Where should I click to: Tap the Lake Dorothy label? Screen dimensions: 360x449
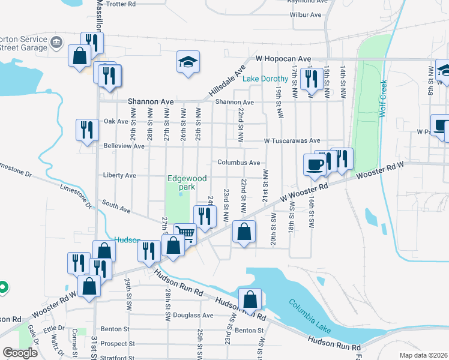pyautogui.click(x=283, y=79)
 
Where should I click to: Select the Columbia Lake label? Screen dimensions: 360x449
pyautogui.click(x=309, y=310)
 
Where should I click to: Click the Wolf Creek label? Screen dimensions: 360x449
pyautogui.click(x=382, y=99)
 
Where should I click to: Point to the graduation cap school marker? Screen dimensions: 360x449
pyautogui.click(x=188, y=62)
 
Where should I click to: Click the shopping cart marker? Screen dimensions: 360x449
pyautogui.click(x=185, y=233)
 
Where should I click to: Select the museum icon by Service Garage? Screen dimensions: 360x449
pyautogui.click(x=56, y=42)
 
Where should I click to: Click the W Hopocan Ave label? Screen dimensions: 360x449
pyautogui.click(x=283, y=59)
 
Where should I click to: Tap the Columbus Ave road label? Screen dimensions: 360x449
pyautogui.click(x=239, y=163)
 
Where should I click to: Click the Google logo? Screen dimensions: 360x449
pyautogui.click(x=20, y=353)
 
